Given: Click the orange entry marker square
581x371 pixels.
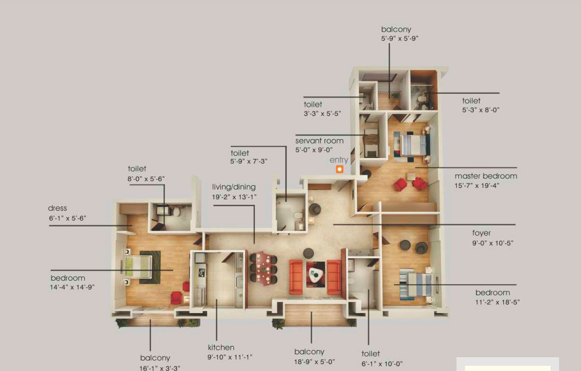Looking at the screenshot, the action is (340, 169).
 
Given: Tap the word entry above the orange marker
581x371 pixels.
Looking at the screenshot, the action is (339, 160).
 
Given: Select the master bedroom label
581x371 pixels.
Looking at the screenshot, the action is (486, 176).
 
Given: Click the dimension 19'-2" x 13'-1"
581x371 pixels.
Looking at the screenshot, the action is (234, 197).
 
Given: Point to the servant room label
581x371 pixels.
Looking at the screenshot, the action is (319, 141).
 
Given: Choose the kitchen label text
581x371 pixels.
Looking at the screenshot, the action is (221, 347).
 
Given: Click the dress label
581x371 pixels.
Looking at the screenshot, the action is (57, 208).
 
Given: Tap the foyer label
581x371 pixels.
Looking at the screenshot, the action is (481, 233).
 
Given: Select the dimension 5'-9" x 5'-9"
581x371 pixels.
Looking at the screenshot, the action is (400, 38).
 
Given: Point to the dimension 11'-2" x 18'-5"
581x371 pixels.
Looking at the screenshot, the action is (497, 302).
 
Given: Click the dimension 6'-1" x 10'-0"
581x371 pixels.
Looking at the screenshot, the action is (382, 364).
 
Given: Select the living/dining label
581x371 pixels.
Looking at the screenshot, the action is (234, 187).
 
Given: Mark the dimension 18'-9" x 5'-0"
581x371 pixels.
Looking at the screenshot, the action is (314, 362).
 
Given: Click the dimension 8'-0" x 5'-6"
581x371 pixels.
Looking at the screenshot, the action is (146, 179).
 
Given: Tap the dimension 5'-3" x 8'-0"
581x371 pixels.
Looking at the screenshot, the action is (481, 110).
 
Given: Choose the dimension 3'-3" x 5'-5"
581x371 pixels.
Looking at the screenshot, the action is (322, 113).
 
